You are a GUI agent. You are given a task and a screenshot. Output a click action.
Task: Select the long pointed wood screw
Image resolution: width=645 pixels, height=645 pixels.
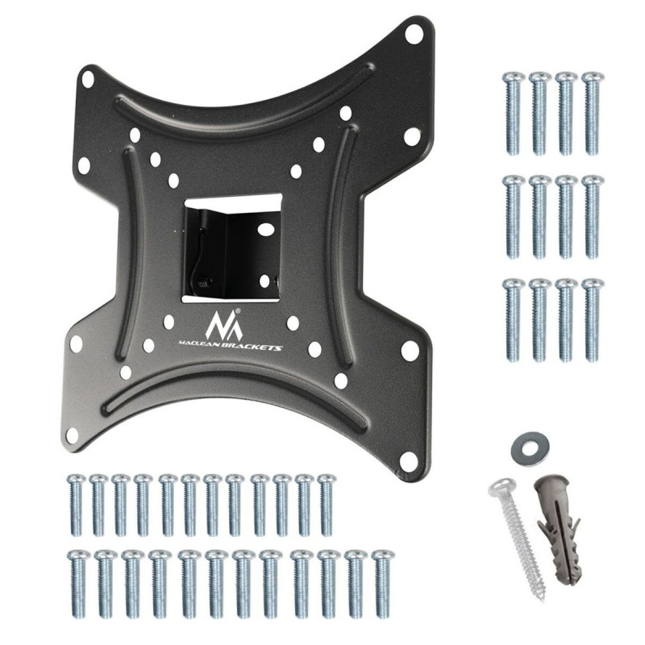[x=519, y=536]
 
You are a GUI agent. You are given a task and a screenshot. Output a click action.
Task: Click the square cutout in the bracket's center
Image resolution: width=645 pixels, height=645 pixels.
[x=232, y=247]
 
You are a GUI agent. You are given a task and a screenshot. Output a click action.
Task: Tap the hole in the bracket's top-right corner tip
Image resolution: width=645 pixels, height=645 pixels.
[x=413, y=35]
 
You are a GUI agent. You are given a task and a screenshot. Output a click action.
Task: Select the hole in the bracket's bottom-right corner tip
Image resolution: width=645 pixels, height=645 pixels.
[x=409, y=462]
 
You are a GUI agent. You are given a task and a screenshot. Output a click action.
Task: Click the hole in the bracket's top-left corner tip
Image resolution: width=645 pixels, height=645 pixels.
[x=87, y=80]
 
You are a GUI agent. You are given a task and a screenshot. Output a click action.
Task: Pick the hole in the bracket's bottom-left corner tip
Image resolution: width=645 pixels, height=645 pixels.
[x=72, y=435]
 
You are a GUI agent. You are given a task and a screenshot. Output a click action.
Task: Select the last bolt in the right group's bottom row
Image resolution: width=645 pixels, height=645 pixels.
[x=593, y=319]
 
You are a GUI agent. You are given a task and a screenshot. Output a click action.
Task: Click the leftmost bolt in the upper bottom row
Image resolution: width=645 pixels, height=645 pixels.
[x=77, y=505]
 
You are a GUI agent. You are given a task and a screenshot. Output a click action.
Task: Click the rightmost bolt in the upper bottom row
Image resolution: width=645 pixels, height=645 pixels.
[x=327, y=505]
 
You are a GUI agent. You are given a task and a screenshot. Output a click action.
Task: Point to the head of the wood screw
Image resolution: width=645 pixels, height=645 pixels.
[x=501, y=487]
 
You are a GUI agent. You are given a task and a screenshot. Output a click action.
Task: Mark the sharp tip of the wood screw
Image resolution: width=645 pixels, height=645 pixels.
[x=543, y=598]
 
